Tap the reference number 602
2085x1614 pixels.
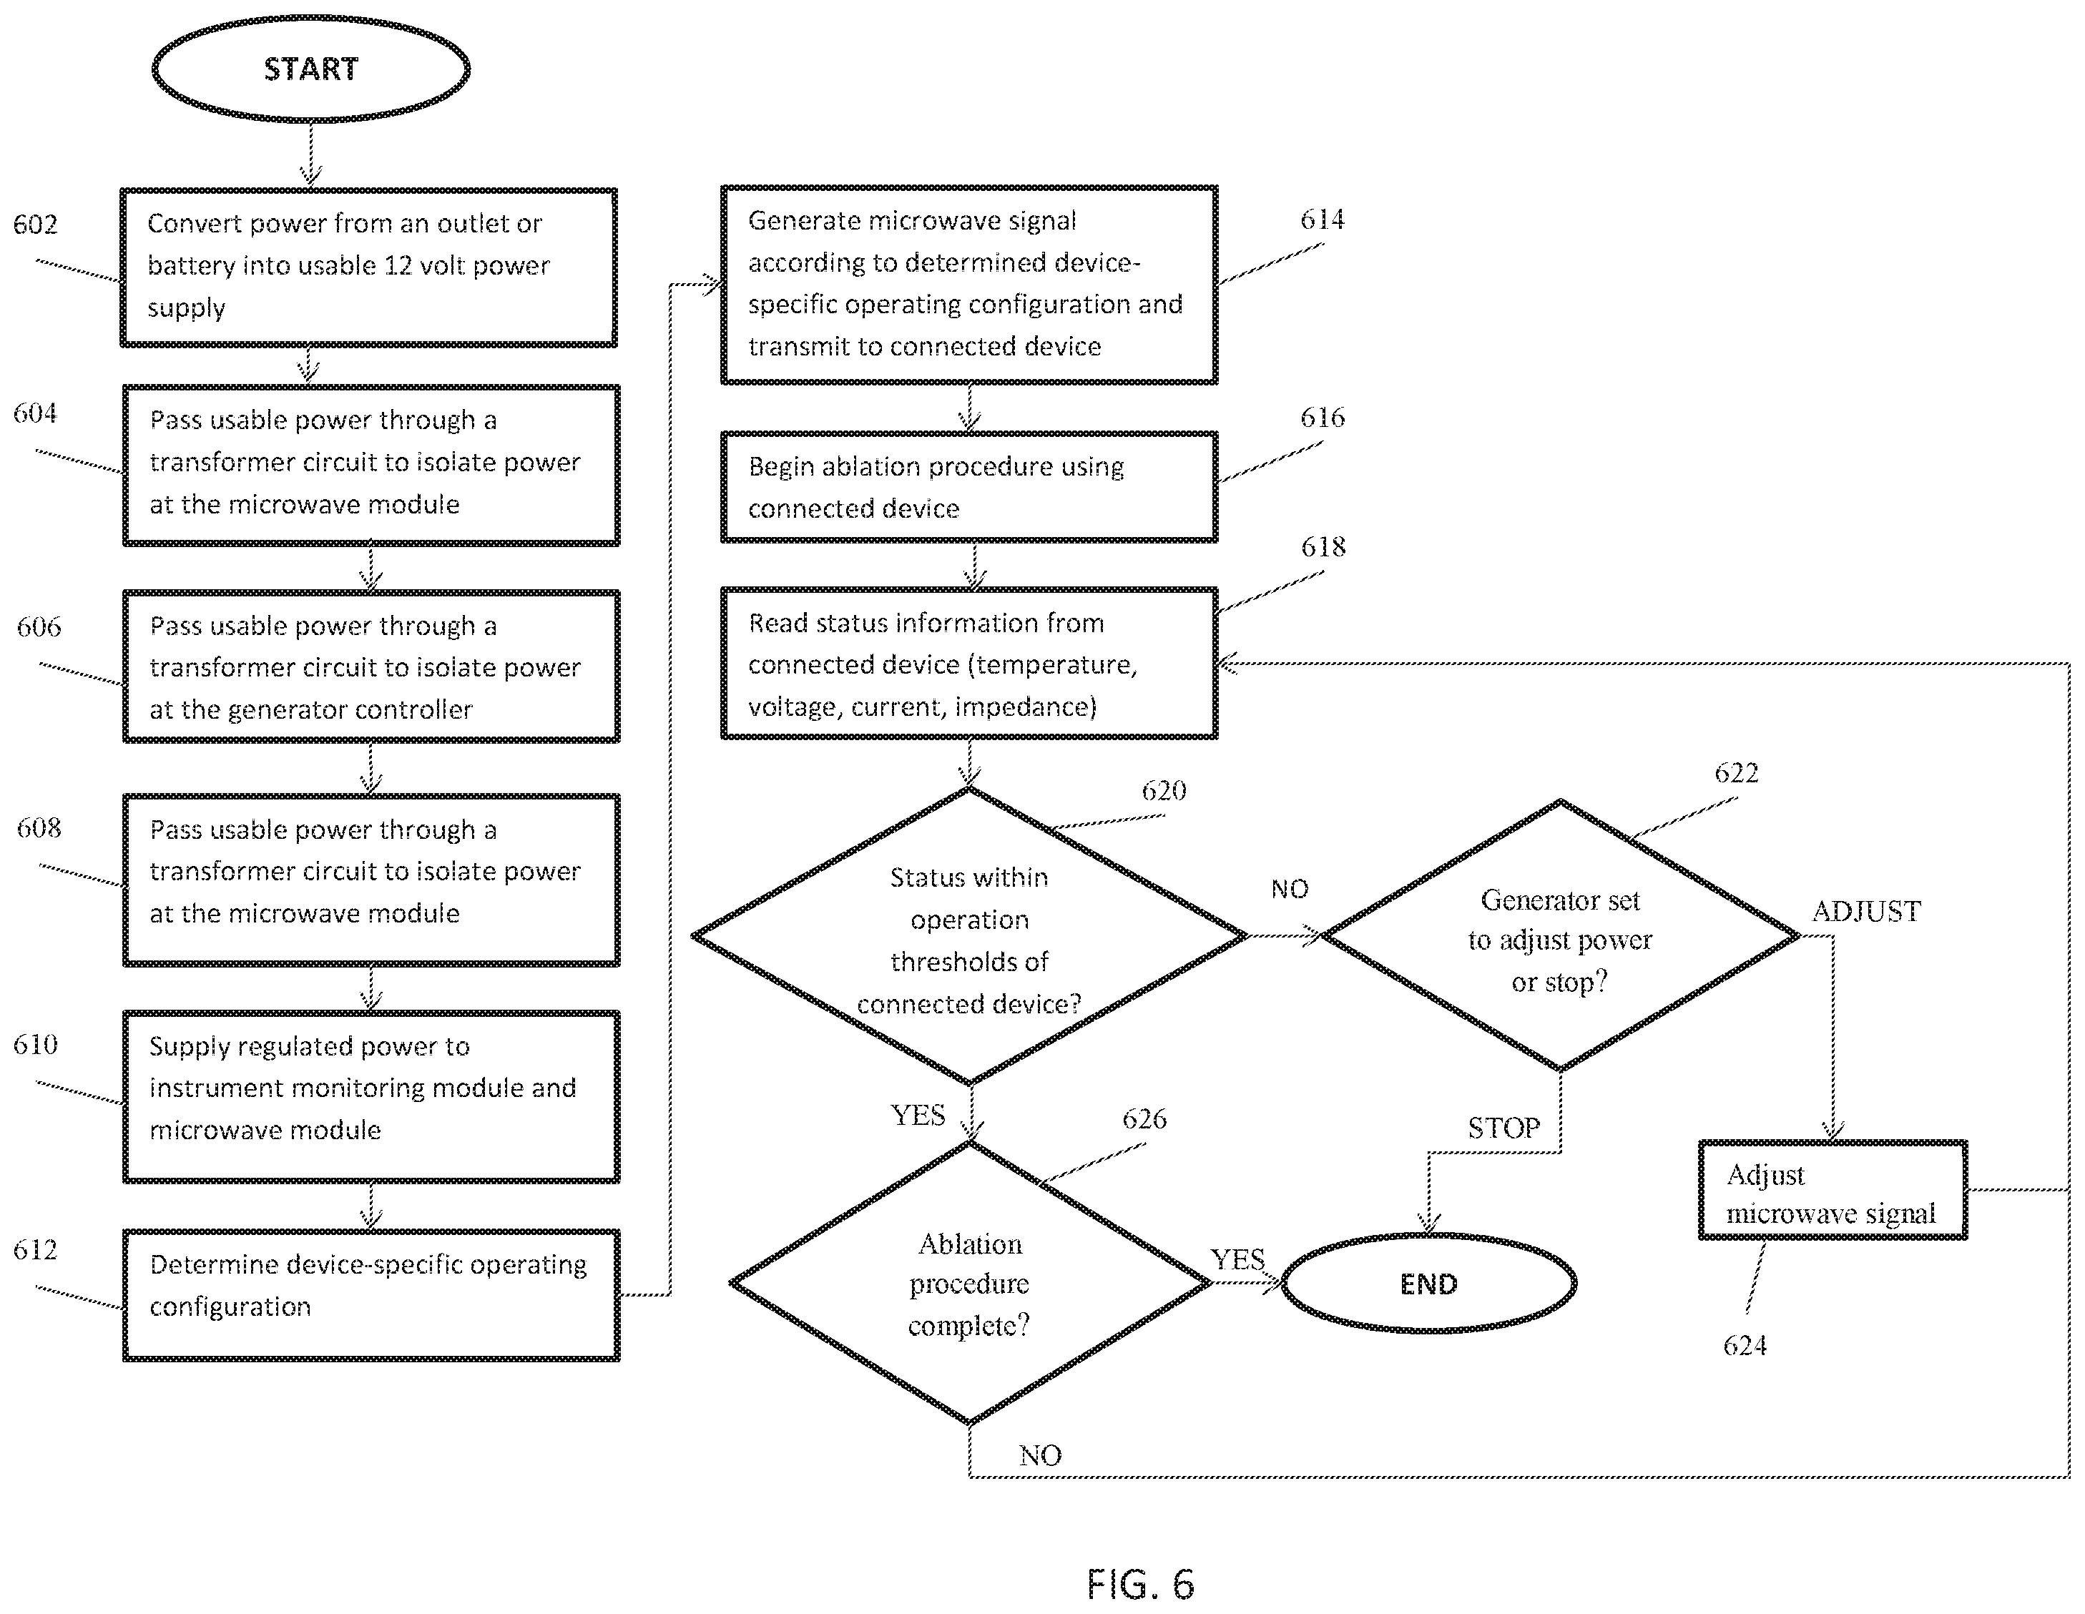pyautogui.click(x=35, y=225)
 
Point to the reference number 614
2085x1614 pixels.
pyautogui.click(x=1323, y=220)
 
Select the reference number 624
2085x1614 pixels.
pyautogui.click(x=1745, y=1345)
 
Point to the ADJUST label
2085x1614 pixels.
pyautogui.click(x=1866, y=912)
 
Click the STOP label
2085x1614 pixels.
pyautogui.click(x=1503, y=1128)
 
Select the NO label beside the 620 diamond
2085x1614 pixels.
pyautogui.click(x=1289, y=890)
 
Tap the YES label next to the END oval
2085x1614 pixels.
pyautogui.click(x=1237, y=1260)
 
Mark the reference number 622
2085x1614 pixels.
pyautogui.click(x=1735, y=772)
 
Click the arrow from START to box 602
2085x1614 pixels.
pyautogui.click(x=310, y=154)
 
